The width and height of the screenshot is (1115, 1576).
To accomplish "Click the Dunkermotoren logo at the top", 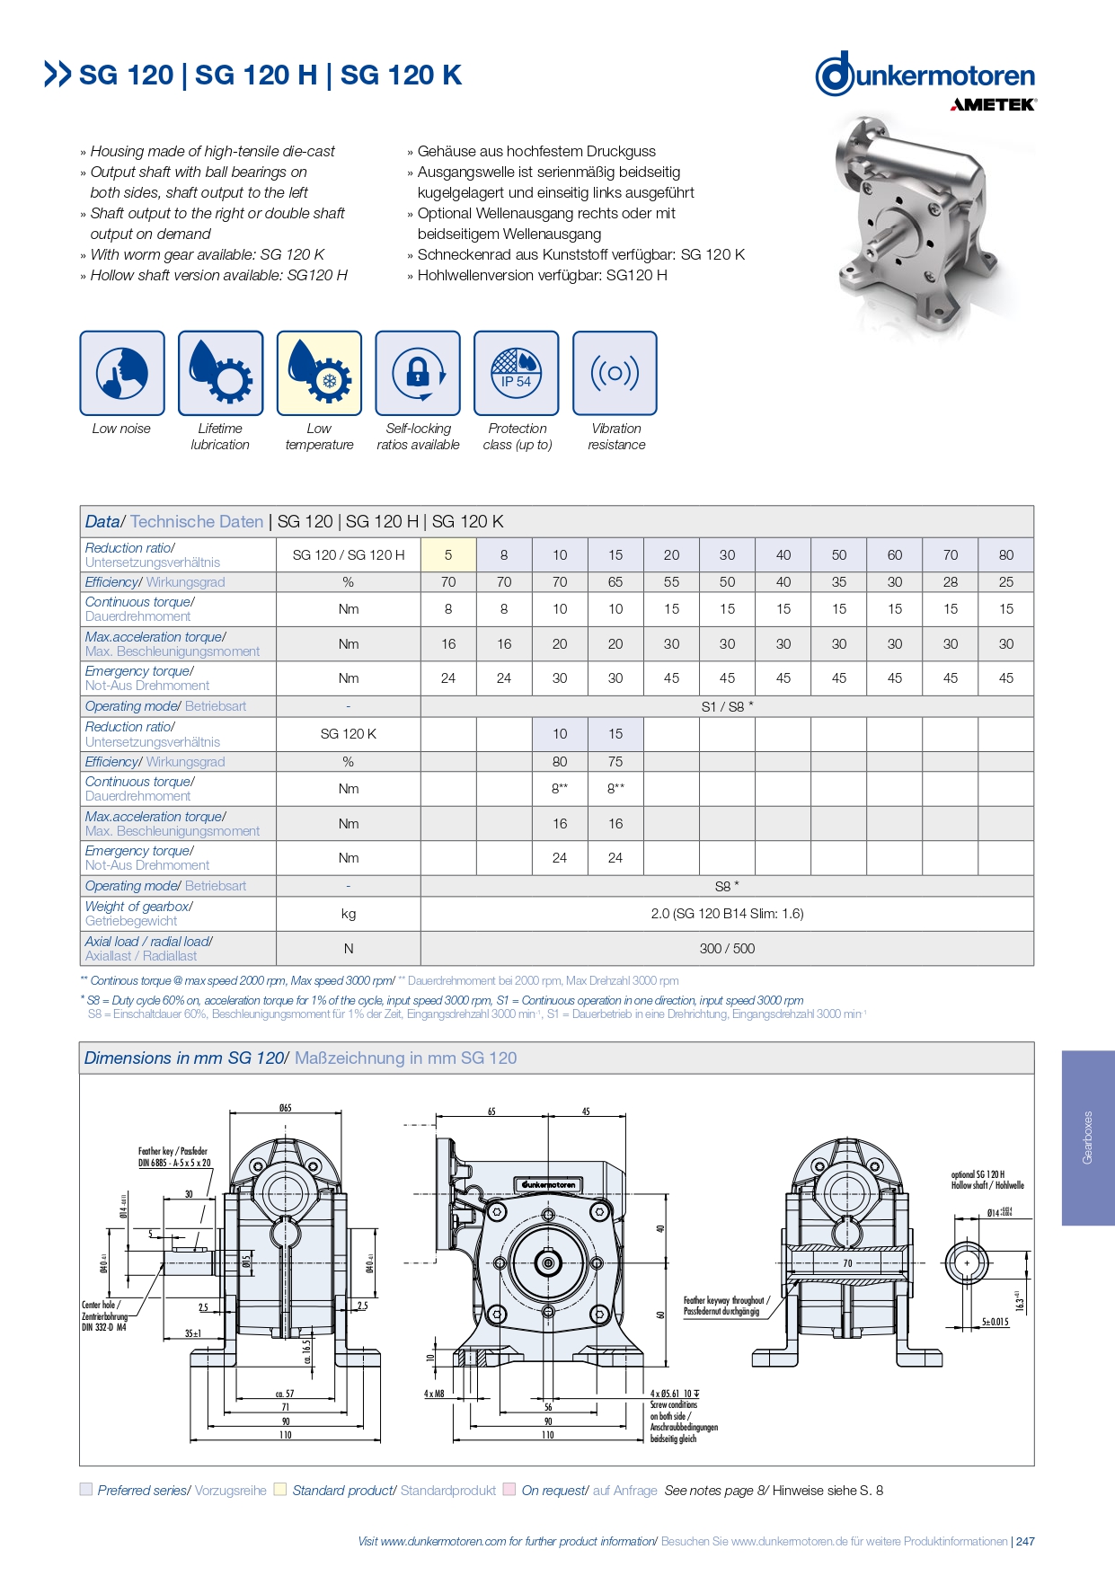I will coord(925,75).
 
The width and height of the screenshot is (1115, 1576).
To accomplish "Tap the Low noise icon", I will coord(122,373).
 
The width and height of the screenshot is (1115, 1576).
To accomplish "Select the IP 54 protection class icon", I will coord(516,373).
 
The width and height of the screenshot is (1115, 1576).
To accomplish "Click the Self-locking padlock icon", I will coord(418,373).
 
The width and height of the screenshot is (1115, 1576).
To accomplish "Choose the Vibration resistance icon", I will coord(615,373).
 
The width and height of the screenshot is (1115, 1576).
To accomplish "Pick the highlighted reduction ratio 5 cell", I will coord(448,555).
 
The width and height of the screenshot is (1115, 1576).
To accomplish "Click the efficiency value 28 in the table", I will coord(951,582).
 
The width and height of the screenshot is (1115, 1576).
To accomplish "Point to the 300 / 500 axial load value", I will coord(727,949).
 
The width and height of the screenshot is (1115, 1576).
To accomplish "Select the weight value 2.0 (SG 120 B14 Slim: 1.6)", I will coord(727,914).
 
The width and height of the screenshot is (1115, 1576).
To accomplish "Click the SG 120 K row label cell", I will coord(349,734).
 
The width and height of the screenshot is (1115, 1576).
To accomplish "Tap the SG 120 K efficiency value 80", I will coord(560,762).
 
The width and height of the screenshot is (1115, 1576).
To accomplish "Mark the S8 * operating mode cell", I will coord(727,886).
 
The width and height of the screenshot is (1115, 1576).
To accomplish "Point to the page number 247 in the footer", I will coord(1025,1541).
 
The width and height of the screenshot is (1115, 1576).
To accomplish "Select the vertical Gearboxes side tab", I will coord(1088,1138).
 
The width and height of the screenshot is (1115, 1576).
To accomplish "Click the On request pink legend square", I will coord(509,1490).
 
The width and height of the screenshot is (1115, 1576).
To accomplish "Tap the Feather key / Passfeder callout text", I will coord(174,1156).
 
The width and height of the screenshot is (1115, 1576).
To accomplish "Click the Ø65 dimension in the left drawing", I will coord(285,1108).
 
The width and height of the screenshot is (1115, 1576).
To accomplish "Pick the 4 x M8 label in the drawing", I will coord(434,1394).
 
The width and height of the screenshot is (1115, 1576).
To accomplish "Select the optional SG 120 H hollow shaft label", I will coord(987,1180).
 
